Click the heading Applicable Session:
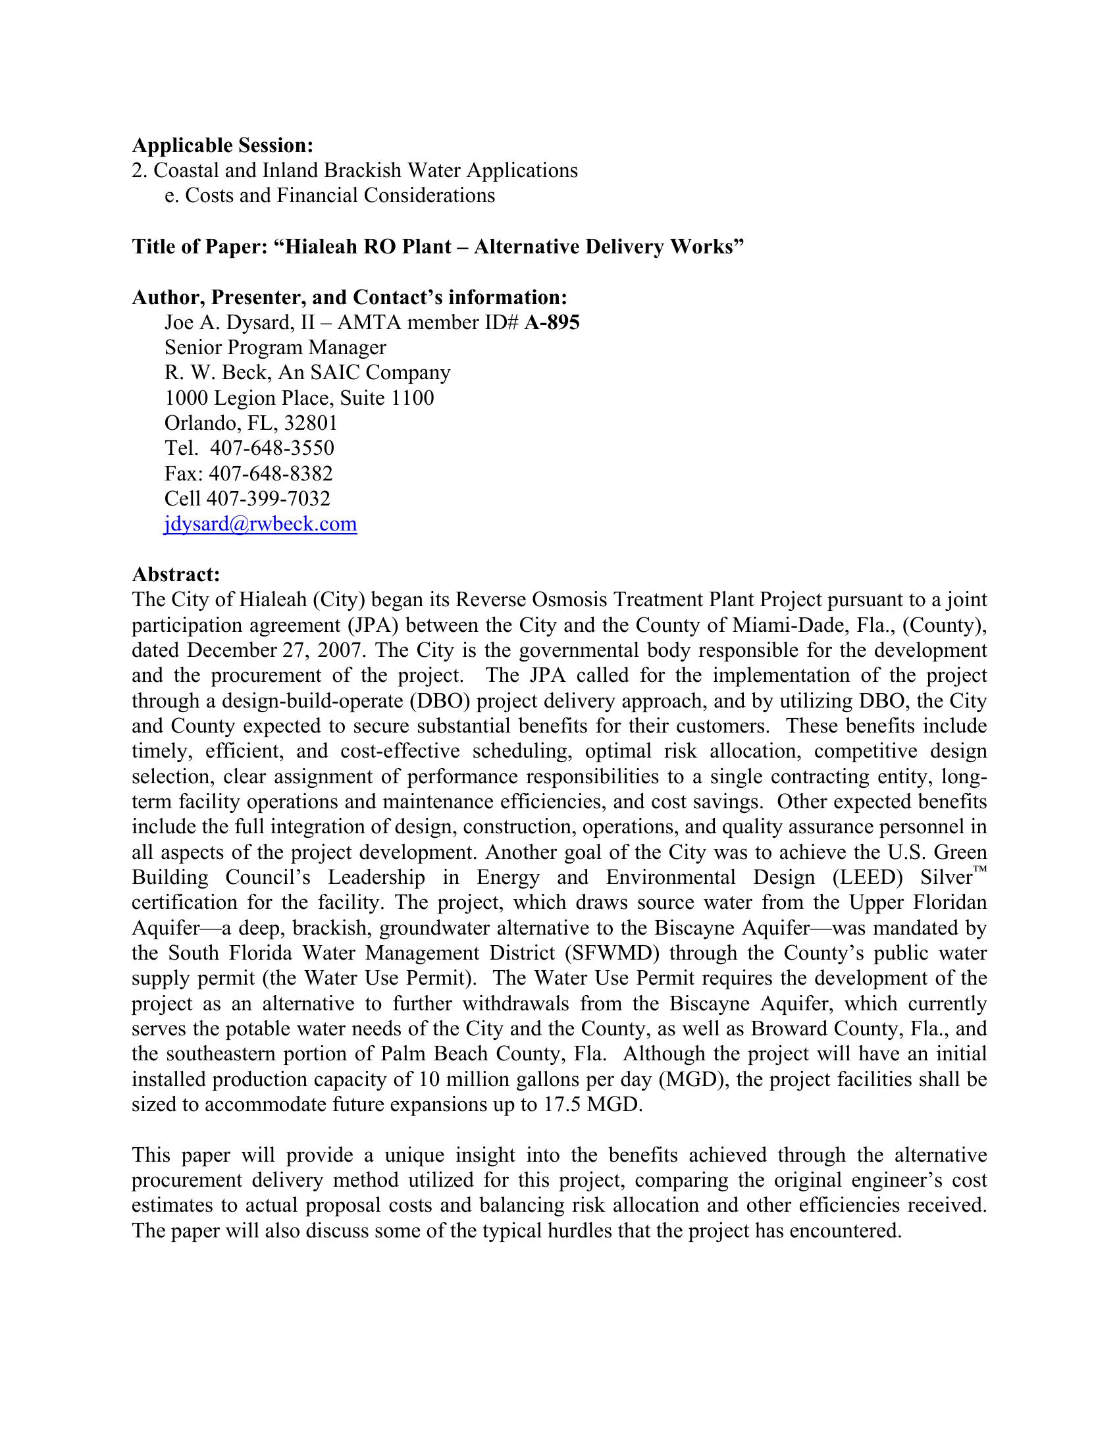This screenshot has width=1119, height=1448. pyautogui.click(x=222, y=145)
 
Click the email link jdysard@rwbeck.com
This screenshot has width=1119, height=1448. pyautogui.click(x=261, y=525)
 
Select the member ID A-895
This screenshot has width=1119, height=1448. pyautogui.click(x=552, y=323)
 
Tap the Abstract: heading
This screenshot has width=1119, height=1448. pyautogui.click(x=176, y=574)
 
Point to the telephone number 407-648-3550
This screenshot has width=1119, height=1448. pyautogui.click(x=272, y=448)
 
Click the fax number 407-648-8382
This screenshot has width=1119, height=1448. pyautogui.click(x=271, y=473)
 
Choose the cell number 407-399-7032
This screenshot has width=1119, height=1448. pyautogui.click(x=268, y=499)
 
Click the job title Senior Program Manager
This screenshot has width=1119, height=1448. pyautogui.click(x=275, y=348)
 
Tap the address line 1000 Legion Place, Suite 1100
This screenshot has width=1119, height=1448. pyautogui.click(x=299, y=398)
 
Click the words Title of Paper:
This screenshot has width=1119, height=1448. pyautogui.click(x=199, y=247)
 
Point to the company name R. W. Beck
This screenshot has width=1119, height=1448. pyautogui.click(x=216, y=373)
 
